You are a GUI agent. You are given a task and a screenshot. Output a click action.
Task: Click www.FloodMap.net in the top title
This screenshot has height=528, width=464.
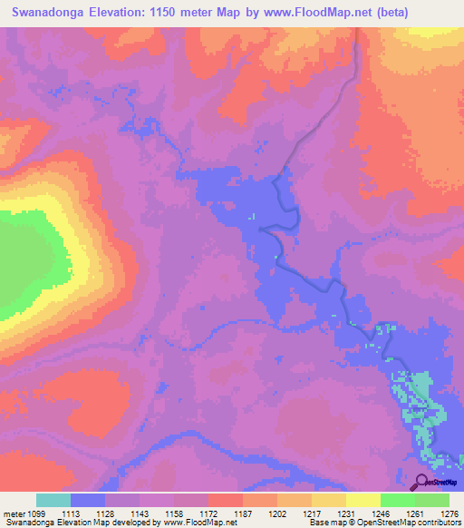(309, 13)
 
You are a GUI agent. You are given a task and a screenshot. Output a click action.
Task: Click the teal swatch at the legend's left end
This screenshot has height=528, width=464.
(53, 500)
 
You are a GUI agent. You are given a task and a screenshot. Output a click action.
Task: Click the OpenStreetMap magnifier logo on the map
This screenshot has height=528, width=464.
(421, 483)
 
